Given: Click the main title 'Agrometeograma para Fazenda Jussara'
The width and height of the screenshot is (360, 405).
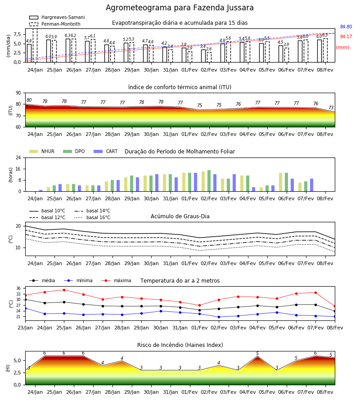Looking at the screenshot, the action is [x=180, y=8].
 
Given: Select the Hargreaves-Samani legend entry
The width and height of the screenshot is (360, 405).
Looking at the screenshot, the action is [x=57, y=17].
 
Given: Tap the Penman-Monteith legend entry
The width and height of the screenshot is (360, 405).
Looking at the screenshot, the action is [x=55, y=24].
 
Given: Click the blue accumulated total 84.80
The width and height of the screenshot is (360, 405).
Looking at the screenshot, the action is [x=346, y=27].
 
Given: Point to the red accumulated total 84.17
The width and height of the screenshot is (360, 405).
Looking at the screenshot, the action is [x=346, y=37].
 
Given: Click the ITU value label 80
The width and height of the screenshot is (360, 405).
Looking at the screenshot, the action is [x=29, y=100].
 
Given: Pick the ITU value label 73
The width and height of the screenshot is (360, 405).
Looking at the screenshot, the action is [x=331, y=108].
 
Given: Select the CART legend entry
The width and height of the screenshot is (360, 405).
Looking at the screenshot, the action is [x=106, y=151].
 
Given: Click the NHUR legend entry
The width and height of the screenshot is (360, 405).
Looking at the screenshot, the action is [x=42, y=151].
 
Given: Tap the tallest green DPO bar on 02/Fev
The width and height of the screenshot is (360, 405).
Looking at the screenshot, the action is [x=209, y=181].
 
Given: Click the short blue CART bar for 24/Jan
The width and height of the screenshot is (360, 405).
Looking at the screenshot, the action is [x=41, y=191].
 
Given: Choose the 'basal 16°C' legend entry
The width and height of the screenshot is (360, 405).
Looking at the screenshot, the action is [x=92, y=217].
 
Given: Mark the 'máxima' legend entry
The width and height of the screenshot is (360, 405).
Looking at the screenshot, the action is [x=117, y=280].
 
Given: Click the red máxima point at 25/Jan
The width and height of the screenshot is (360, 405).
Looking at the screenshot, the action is [x=64, y=290].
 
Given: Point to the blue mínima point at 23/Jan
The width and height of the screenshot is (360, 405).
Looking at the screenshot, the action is [x=26, y=308].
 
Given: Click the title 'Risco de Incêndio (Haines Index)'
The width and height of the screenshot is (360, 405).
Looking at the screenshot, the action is [x=180, y=345].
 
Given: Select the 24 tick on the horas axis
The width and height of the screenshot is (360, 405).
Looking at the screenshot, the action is [x=18, y=157].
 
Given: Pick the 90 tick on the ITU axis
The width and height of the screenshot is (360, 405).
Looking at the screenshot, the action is [x=18, y=93].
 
